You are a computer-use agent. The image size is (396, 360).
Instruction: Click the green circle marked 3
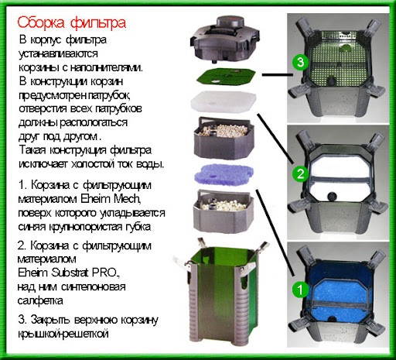pos(300,62)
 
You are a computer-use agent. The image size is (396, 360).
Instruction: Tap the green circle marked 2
pos(301,173)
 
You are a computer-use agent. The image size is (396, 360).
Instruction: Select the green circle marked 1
pos(300,290)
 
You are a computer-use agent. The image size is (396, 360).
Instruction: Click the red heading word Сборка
pos(41,22)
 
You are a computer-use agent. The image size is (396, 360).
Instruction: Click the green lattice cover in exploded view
pos(225,77)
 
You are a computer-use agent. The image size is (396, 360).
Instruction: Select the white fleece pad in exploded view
pos(224,102)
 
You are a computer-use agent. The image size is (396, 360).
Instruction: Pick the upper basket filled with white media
pos(224,137)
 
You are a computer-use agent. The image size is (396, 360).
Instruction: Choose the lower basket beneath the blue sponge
pos(224,211)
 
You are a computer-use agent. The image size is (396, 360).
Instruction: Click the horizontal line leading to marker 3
pos(278,75)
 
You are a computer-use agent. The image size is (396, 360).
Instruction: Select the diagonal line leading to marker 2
pos(275,139)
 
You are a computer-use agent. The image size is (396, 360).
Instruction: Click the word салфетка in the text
pos(40,300)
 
